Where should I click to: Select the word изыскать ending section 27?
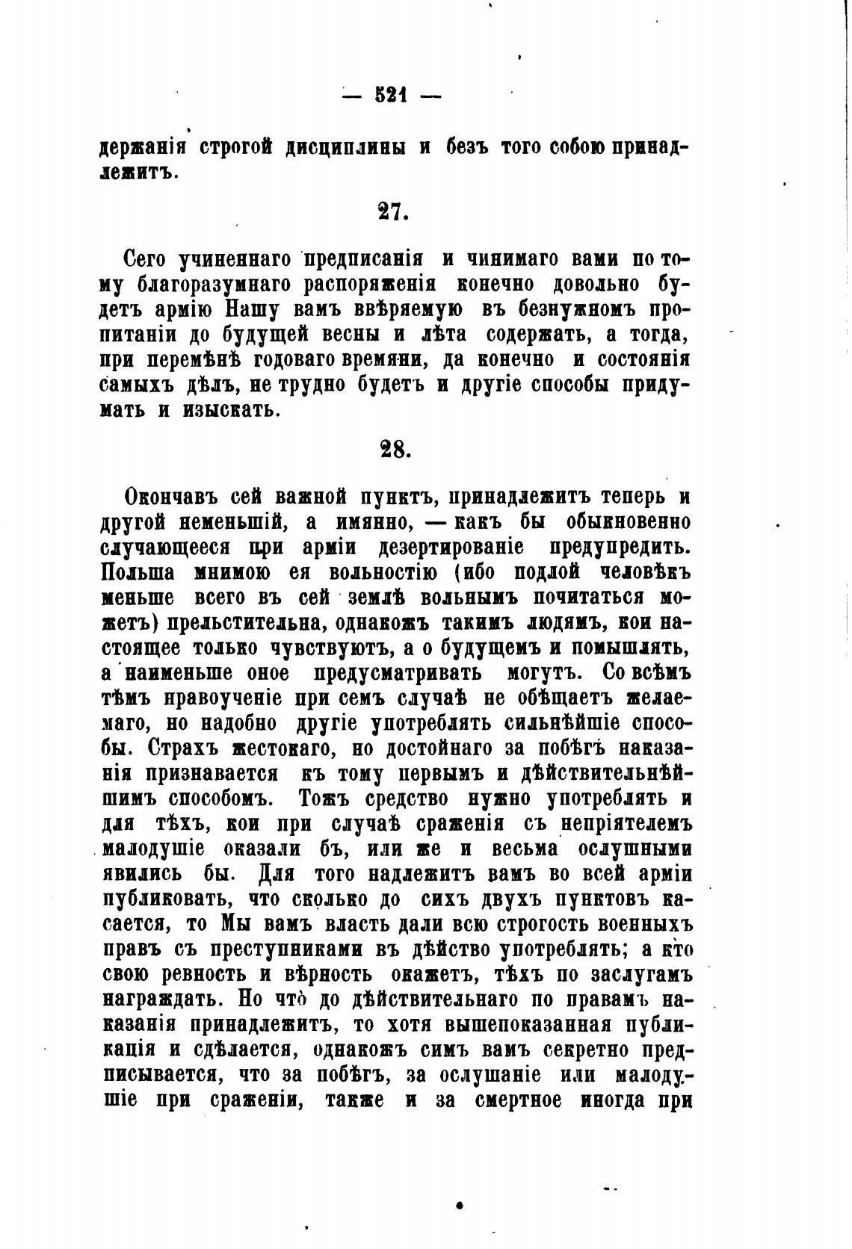pyautogui.click(x=232, y=410)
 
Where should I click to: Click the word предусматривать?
pyautogui.click(x=397, y=672)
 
